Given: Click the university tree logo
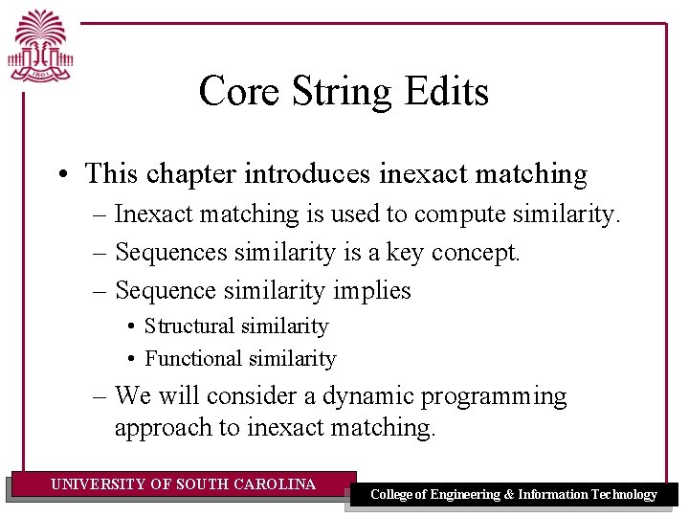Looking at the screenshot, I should click(40, 46).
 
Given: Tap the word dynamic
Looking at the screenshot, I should click(367, 396).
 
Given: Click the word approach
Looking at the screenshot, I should click(163, 428).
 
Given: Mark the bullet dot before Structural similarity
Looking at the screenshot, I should click(131, 327).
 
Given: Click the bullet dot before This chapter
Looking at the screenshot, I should click(62, 175).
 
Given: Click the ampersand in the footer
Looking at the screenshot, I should click(509, 495).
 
